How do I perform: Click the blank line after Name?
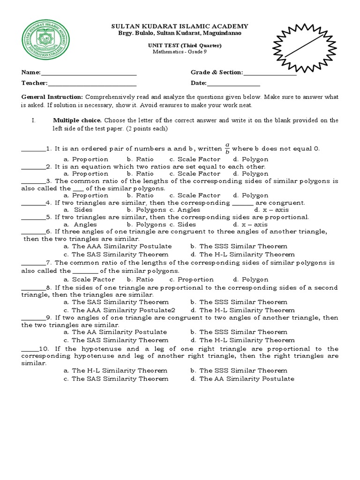[89, 74]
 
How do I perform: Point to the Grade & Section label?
[217, 73]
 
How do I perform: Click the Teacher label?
[34, 83]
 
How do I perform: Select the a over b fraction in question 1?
[227, 149]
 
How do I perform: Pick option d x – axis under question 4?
[254, 210]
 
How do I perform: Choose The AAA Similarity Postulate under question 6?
[118, 246]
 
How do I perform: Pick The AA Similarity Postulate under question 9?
[115, 332]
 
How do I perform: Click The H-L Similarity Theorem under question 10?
[116, 370]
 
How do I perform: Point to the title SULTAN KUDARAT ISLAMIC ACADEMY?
[180, 27]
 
